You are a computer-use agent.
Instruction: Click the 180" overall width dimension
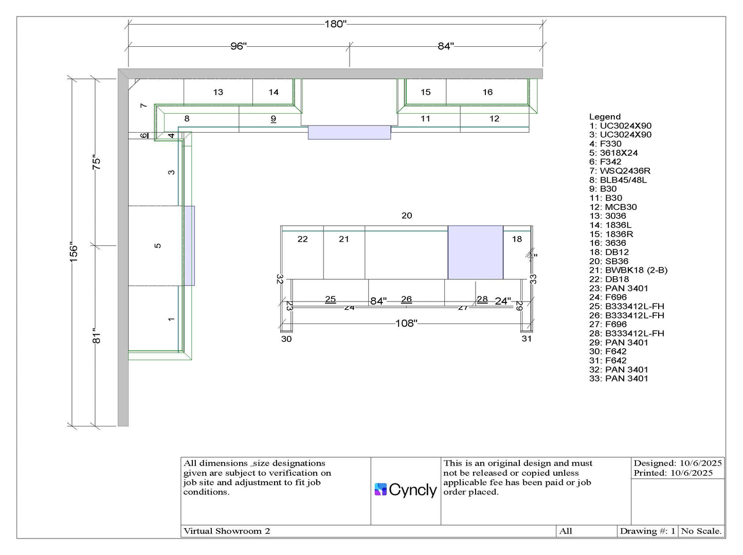pos(335,24)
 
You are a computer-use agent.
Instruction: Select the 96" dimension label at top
pos(238,46)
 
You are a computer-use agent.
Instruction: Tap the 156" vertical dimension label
pos(74,253)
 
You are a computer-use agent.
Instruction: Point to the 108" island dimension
pos(406,324)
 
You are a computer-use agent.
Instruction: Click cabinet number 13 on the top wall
pos(218,93)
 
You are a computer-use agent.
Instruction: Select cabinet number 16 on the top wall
pos(487,93)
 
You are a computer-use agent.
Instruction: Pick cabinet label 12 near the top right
pos(494,119)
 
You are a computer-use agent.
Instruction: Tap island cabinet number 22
pos(302,239)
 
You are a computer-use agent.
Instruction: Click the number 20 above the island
pos(407,216)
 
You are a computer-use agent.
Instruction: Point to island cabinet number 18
pos(517,239)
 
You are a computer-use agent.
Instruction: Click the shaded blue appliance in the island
pos(475,253)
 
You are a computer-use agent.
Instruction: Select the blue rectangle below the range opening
pos(349,133)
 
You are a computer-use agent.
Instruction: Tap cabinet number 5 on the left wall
pos(158,246)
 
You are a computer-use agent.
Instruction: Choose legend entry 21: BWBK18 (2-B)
pos(628,271)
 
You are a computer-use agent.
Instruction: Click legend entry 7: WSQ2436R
pos(620,171)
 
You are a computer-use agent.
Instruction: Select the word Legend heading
pos(605,117)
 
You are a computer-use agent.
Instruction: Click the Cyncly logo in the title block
pos(406,490)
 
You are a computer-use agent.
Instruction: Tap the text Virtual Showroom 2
pos(227,531)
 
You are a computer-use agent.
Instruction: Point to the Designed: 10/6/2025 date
pos(677,463)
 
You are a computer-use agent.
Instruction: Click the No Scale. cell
pos(701,531)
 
